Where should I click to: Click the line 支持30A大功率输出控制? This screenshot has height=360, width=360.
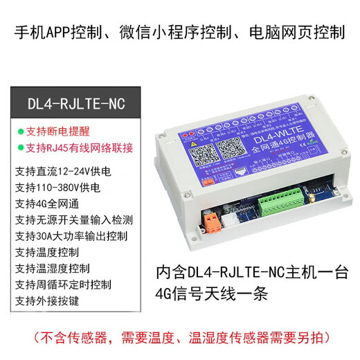pyautogui.click(x=71, y=236)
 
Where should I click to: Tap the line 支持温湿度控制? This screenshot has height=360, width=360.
pyautogui.click(x=52, y=269)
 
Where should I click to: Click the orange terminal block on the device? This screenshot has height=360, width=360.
pyautogui.click(x=211, y=220)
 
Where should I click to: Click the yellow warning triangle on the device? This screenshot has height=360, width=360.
pyautogui.click(x=188, y=138)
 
